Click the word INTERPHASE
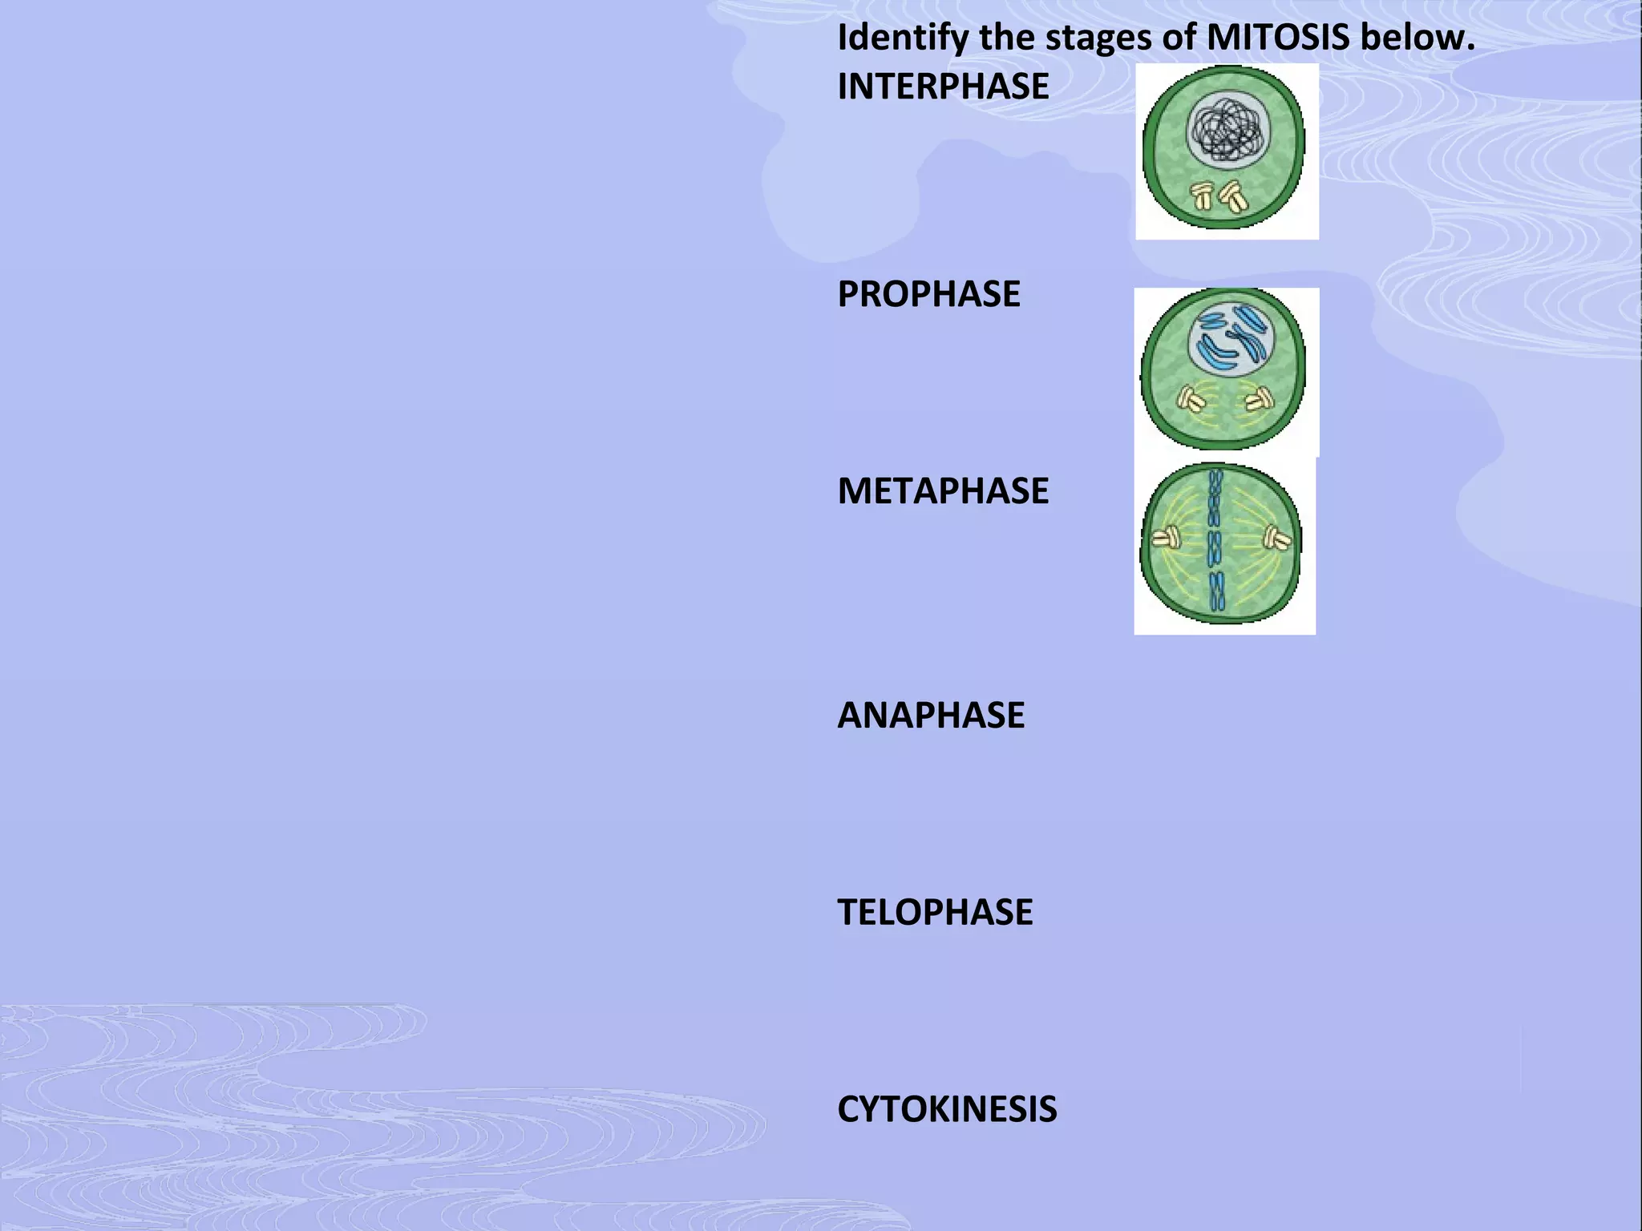pyautogui.click(x=943, y=87)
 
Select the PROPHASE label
pyautogui.click(x=928, y=294)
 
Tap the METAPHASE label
pyautogui.click(x=943, y=490)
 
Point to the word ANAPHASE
pyautogui.click(x=931, y=715)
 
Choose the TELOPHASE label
pyautogui.click(x=935, y=912)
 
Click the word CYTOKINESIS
pyautogui.click(x=947, y=1109)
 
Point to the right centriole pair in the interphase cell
pyautogui.click(x=1234, y=196)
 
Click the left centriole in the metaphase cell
pyautogui.click(x=1167, y=537)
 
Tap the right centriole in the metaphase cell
pyautogui.click(x=1276, y=537)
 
